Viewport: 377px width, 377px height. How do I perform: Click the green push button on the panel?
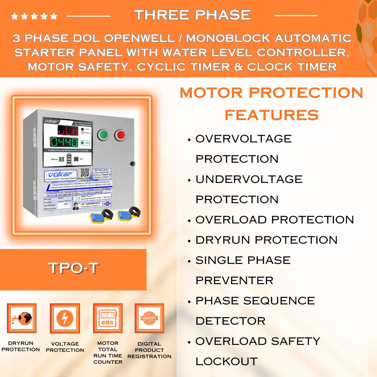[x=103, y=135]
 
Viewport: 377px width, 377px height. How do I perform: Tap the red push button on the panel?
[x=120, y=135]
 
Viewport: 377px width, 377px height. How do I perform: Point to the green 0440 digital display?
[x=64, y=142]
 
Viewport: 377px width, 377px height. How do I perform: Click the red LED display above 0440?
[x=68, y=131]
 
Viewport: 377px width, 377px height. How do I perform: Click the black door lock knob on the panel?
[x=132, y=163]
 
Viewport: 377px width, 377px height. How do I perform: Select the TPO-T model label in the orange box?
[x=73, y=268]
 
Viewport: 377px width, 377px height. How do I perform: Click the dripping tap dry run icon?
[x=22, y=318]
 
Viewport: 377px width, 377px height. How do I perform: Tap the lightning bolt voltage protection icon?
[x=65, y=318]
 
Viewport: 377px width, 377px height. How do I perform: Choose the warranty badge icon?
[x=149, y=318]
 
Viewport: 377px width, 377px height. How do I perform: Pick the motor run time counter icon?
[x=108, y=318]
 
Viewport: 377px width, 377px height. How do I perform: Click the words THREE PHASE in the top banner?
[x=192, y=15]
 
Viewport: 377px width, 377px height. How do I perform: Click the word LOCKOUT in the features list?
[x=226, y=362]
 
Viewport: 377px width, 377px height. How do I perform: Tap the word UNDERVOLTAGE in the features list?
[x=249, y=179]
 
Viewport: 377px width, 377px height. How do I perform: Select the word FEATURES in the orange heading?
[x=272, y=115]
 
